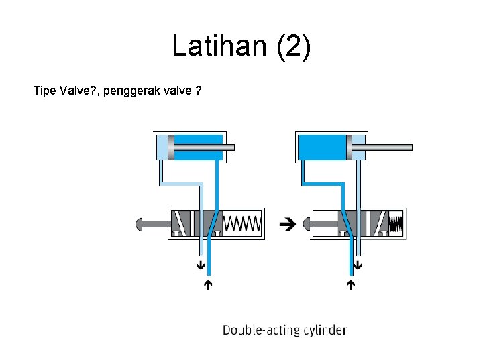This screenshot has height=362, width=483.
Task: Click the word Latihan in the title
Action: [216, 46]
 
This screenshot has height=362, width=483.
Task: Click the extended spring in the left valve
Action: [241, 223]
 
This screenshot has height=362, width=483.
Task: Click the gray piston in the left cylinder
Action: [170, 147]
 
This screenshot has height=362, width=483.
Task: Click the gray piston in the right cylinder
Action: [348, 147]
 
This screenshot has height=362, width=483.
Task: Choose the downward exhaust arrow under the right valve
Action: [358, 265]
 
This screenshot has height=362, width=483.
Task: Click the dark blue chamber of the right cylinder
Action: [321, 147]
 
